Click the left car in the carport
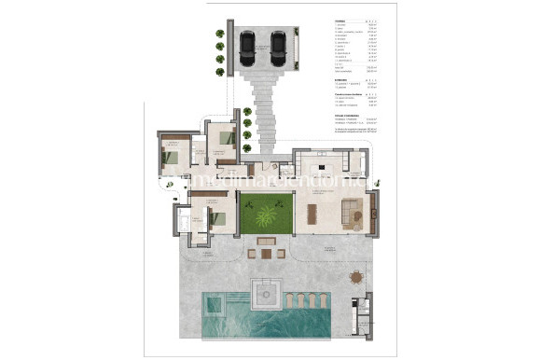247,47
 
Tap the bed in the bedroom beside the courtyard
216,219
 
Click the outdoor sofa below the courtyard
266,240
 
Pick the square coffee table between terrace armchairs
266,252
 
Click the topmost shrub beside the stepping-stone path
247,111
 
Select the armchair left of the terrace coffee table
253,252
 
